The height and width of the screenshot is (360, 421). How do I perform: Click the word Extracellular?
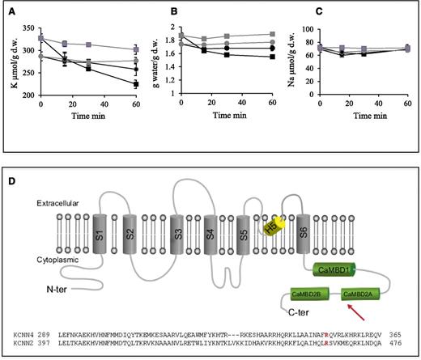pyautogui.click(x=54, y=204)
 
